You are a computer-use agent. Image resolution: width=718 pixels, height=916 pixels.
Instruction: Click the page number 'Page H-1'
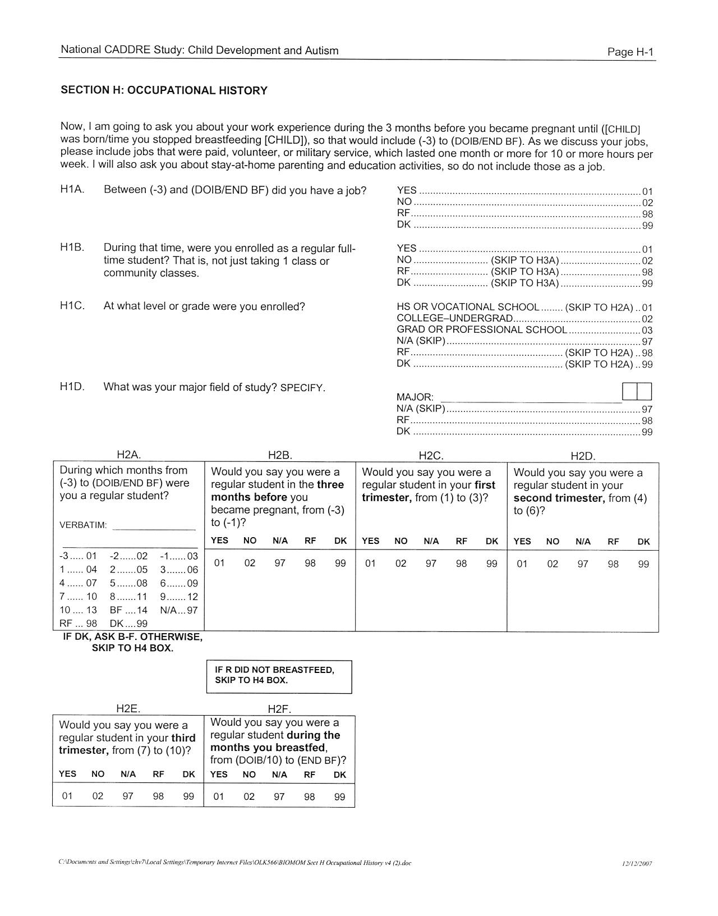630,52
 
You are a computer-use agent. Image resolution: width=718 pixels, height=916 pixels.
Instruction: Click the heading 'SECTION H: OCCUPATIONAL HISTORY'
164,90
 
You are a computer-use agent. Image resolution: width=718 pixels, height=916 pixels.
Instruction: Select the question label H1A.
72,190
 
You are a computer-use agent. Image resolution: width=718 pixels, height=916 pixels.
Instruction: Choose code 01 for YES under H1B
647,249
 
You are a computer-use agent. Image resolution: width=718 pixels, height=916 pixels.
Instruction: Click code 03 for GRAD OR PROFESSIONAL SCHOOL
647,331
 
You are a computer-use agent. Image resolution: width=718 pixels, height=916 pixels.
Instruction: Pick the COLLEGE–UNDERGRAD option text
454,318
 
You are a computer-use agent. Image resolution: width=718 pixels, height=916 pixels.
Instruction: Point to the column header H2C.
431,455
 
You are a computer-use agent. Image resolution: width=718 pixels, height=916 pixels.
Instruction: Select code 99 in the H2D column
643,564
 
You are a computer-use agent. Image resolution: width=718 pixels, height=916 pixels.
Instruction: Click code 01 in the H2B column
219,563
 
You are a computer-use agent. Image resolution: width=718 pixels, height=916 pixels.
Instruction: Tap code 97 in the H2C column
431,564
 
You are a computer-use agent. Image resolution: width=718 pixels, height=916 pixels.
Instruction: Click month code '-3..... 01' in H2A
78,556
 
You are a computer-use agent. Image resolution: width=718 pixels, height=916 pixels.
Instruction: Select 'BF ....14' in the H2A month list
128,610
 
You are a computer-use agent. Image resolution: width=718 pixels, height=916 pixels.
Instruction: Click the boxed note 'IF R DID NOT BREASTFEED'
275,670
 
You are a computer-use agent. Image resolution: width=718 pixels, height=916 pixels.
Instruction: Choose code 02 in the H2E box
98,796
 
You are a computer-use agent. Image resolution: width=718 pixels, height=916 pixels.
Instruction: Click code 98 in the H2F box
309,796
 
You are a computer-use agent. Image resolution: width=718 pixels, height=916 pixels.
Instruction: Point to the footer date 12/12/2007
638,864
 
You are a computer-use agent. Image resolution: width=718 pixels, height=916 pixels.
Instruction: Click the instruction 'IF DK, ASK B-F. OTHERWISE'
132,637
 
